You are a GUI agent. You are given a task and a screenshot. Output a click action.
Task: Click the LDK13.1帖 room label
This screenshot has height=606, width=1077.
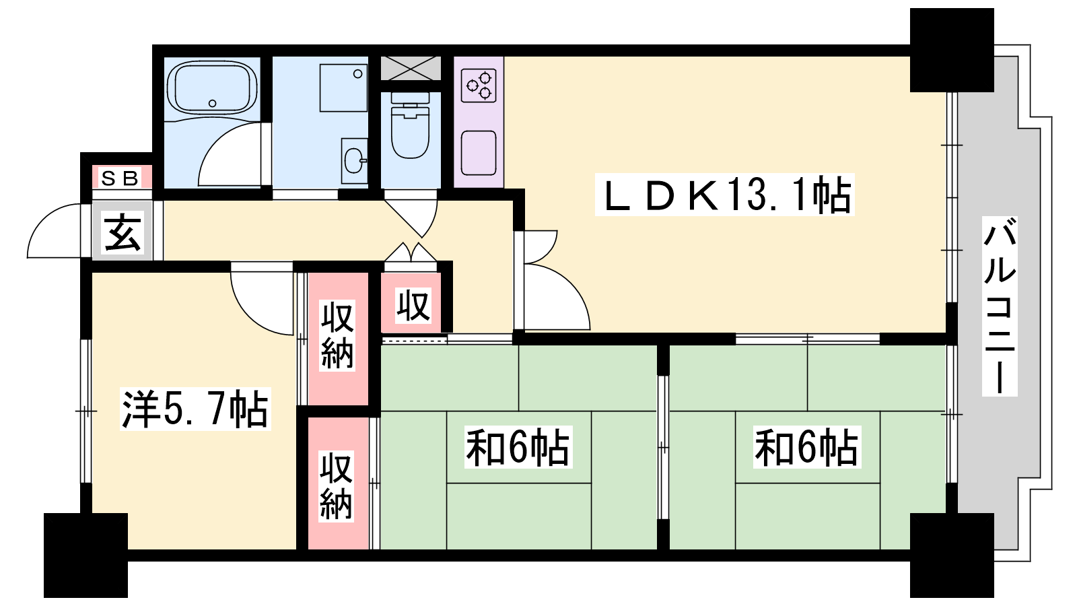(724, 195)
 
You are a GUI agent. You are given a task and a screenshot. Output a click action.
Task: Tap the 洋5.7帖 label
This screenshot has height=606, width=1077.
(195, 409)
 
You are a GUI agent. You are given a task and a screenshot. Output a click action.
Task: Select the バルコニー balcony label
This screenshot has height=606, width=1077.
(1000, 306)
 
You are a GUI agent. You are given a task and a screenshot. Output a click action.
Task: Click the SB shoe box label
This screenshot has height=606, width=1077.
(120, 178)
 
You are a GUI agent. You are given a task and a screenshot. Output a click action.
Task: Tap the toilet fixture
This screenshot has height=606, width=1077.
(410, 125)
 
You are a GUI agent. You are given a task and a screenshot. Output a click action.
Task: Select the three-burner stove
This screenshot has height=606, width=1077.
(479, 86)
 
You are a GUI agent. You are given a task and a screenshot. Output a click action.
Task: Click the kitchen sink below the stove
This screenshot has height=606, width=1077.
(479, 153)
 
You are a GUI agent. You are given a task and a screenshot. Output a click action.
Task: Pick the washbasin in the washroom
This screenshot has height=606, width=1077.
(354, 161)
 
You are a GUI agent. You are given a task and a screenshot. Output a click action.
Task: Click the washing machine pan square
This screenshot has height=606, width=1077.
(343, 88)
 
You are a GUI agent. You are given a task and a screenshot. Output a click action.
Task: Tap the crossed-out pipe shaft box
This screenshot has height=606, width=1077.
(411, 68)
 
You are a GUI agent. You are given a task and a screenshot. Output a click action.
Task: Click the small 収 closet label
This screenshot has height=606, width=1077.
(413, 305)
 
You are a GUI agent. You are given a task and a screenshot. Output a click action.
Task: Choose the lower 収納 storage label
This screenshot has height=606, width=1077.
(337, 486)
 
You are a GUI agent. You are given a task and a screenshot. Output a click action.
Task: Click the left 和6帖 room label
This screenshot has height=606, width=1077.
(518, 447)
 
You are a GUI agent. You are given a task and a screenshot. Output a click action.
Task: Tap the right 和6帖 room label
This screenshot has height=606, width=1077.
(807, 447)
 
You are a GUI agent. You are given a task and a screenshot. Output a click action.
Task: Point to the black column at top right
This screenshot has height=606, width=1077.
(952, 50)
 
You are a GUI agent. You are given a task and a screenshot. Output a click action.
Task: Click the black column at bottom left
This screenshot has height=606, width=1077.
(85, 555)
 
